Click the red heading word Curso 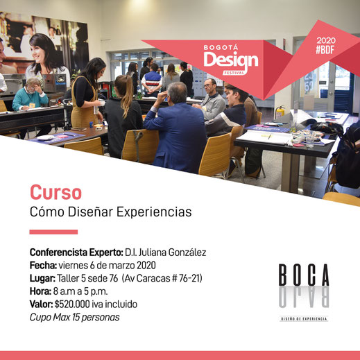click(x=55, y=192)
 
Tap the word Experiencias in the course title click(x=154, y=212)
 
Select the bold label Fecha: click(x=43, y=266)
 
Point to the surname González click(x=187, y=252)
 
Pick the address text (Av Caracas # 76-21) click(x=162, y=278)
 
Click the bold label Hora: click(x=40, y=291)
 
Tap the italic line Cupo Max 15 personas click(x=75, y=318)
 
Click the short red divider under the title click(x=53, y=232)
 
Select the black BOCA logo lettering click(x=304, y=275)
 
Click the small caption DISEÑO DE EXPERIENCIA click(x=304, y=319)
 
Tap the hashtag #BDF click(x=325, y=50)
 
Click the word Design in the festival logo click(x=231, y=60)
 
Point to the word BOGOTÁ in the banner click(x=221, y=48)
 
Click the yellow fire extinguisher click(x=280, y=112)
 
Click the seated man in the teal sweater click(x=31, y=97)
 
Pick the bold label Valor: click(x=42, y=305)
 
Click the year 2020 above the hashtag click(x=326, y=40)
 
